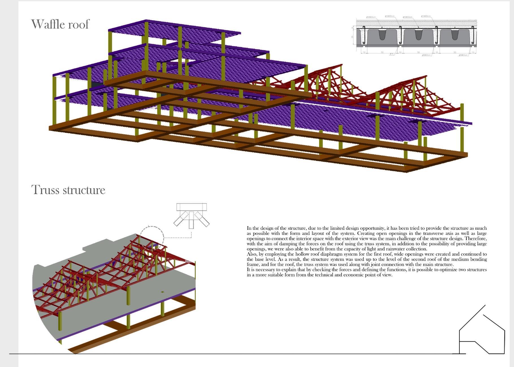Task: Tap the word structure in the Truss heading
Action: (x=84, y=190)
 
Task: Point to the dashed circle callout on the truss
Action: (x=152, y=238)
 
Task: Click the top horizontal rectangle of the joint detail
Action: (x=192, y=207)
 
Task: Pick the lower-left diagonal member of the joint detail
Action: (x=181, y=219)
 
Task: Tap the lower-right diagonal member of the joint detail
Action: (x=202, y=219)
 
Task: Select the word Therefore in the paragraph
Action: (x=476, y=238)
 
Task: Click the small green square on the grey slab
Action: (x=162, y=292)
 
